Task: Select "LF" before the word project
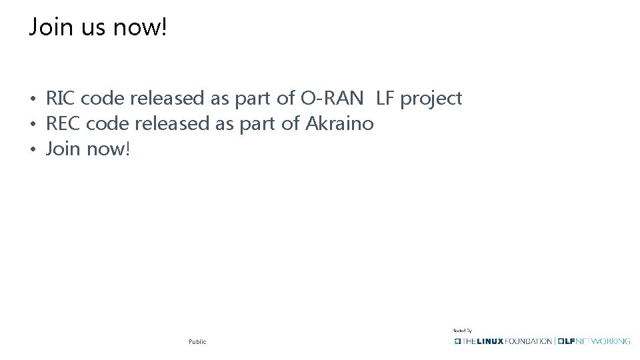[385, 99]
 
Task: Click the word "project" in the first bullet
[431, 99]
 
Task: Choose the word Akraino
[339, 123]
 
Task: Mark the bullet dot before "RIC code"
[32, 100]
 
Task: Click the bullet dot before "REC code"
[32, 125]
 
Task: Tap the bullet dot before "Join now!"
[32, 149]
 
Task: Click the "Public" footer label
[197, 341]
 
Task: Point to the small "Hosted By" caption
[462, 330]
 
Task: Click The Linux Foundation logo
[503, 341]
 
